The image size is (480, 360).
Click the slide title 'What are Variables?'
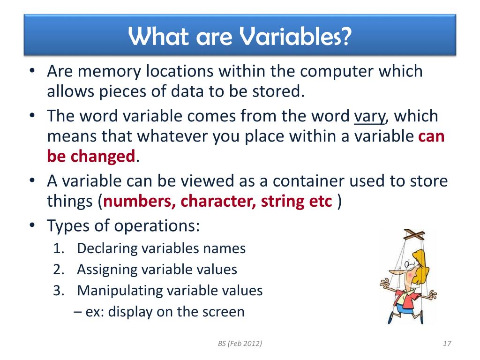(240, 36)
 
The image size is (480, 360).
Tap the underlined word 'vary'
(369, 116)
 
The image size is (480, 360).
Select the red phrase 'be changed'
(91, 156)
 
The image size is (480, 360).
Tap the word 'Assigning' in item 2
(108, 270)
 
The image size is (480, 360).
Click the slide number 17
(447, 344)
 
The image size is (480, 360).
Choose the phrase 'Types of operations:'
(123, 225)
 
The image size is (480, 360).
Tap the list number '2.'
(59, 270)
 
